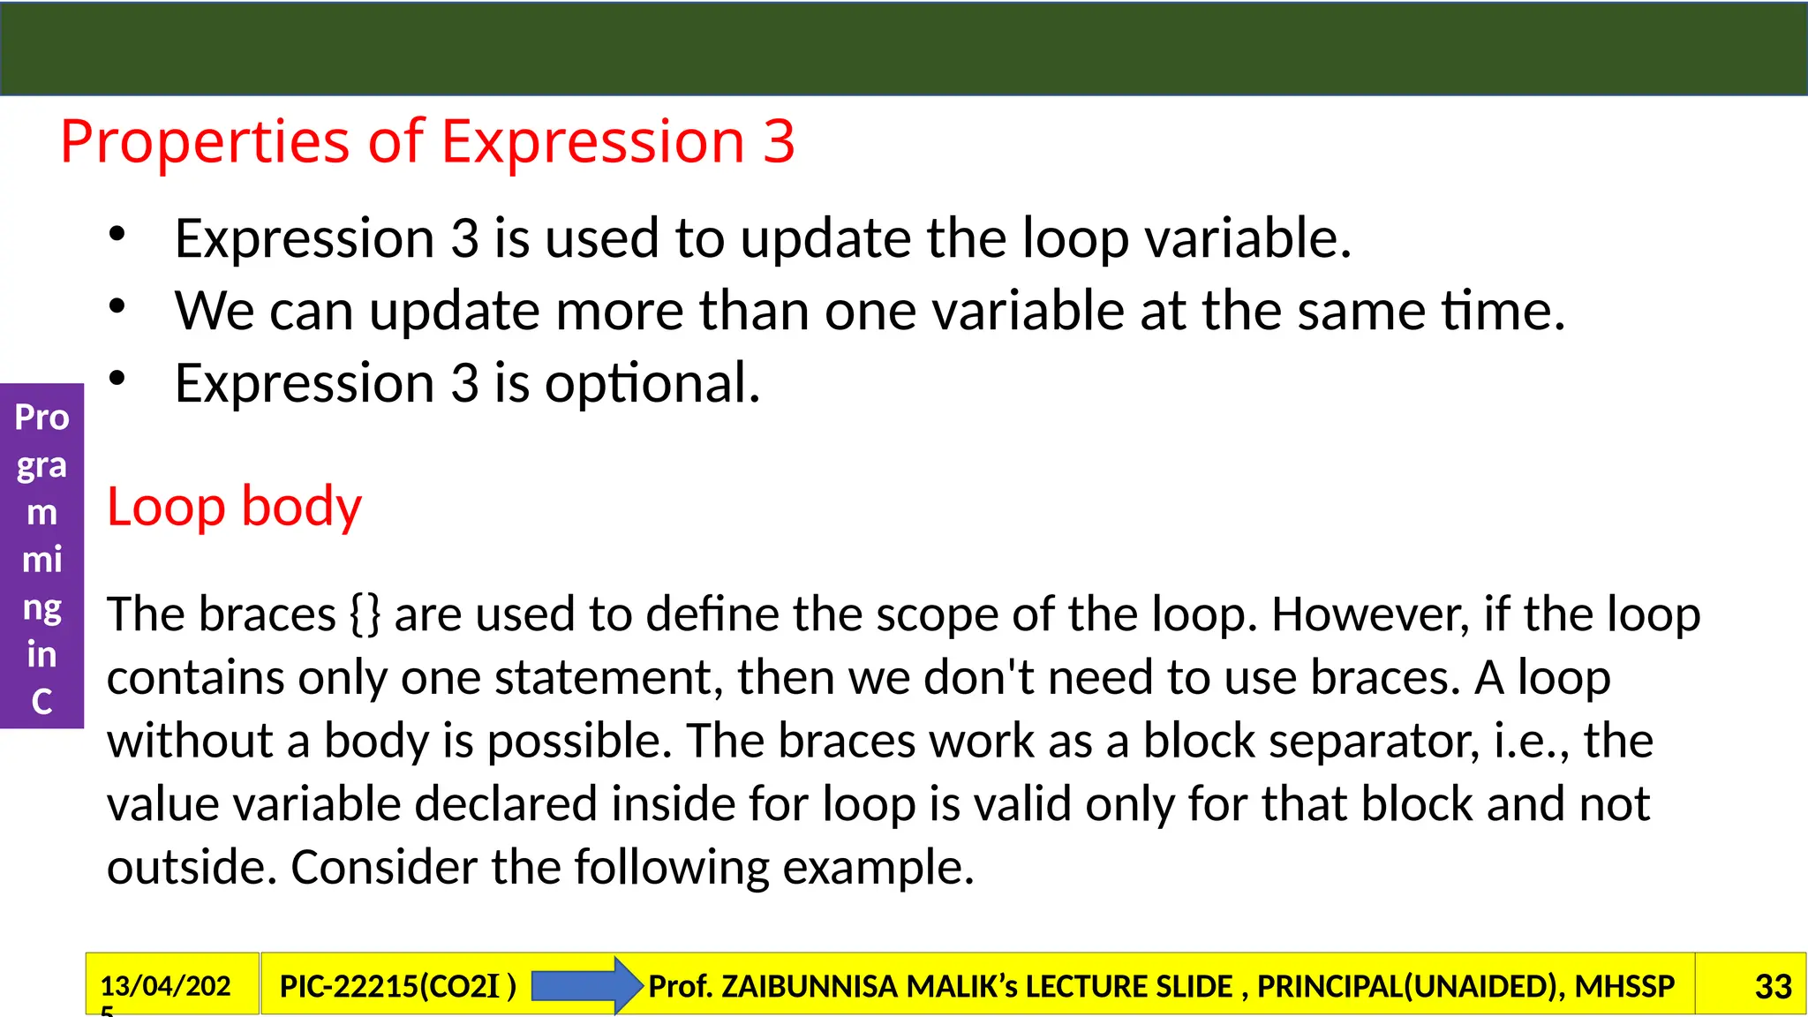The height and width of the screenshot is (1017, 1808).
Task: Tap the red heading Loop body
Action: pos(234,507)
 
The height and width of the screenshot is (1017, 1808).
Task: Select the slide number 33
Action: pos(1773,986)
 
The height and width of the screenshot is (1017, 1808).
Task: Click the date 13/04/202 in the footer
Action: pos(165,985)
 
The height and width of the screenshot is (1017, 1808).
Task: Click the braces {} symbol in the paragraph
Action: pos(365,614)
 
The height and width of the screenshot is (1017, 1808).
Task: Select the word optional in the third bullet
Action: pos(652,384)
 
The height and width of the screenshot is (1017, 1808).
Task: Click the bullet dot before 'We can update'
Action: pos(117,307)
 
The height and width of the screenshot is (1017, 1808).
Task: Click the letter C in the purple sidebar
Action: pos(41,702)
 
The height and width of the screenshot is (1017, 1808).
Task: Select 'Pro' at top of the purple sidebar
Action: pos(41,417)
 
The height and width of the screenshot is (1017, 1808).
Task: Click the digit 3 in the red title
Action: pos(779,142)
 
